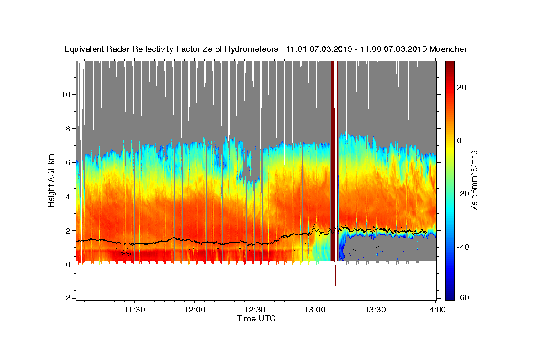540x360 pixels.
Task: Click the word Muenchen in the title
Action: pyautogui.click(x=449, y=49)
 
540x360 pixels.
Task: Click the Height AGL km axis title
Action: pyautogui.click(x=52, y=180)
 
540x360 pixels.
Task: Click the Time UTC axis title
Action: pyautogui.click(x=256, y=319)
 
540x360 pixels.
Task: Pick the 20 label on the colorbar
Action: pyautogui.click(x=461, y=87)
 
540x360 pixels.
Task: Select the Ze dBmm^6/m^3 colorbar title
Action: pyautogui.click(x=474, y=180)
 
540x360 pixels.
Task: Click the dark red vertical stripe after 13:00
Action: pyautogui.click(x=333, y=157)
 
